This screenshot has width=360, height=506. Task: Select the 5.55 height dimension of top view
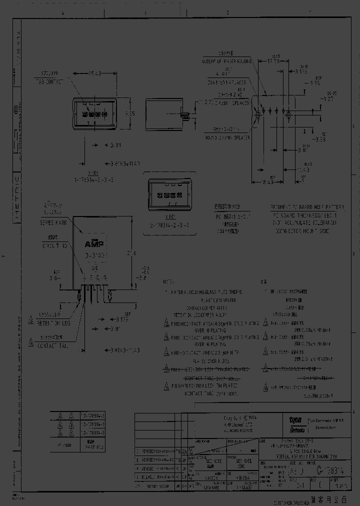pos(129,113)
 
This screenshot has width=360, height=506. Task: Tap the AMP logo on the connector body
pos(93,244)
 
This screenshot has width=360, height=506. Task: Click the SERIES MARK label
pos(49,222)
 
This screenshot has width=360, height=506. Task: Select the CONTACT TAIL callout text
pos(53,344)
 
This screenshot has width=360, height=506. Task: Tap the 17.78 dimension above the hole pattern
pos(272,61)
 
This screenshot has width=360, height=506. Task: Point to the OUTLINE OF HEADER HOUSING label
pos(226,61)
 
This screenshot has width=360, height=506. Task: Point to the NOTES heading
pos(171,281)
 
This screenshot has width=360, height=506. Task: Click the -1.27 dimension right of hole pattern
pos(327,99)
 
